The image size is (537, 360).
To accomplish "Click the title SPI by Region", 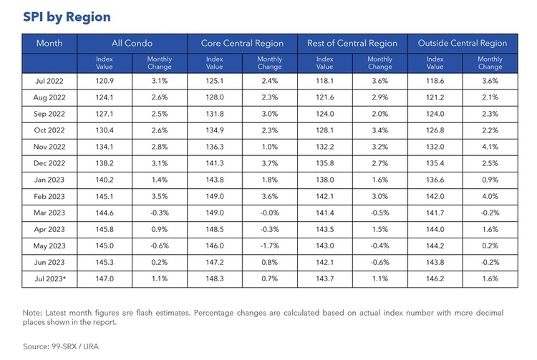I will point(67,16).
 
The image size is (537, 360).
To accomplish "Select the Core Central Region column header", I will point(242,43).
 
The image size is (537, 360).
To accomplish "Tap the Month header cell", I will point(49,43).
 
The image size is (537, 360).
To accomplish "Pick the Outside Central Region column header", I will point(462,43).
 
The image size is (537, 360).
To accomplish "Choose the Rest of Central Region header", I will point(352,43).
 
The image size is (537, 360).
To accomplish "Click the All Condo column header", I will point(132,43).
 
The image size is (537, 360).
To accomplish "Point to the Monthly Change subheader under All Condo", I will point(159,62).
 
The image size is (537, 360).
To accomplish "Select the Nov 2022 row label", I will point(49,147).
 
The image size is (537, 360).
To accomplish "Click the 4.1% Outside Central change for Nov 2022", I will point(490,147).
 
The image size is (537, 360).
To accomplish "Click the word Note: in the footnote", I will point(34,313).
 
